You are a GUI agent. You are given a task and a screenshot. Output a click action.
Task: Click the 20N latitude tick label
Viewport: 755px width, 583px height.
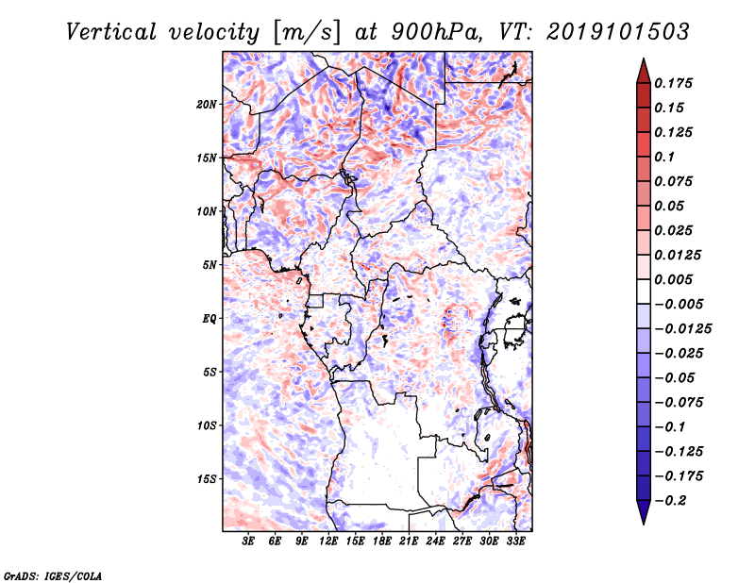click(207, 105)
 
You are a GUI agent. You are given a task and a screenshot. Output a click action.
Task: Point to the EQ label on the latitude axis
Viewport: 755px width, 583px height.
click(210, 319)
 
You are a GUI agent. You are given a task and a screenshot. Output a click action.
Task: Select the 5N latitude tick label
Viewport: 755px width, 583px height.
click(210, 265)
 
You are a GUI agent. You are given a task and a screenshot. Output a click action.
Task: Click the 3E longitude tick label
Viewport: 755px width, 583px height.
click(248, 541)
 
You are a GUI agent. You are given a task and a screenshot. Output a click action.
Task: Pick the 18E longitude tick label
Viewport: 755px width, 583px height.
click(381, 541)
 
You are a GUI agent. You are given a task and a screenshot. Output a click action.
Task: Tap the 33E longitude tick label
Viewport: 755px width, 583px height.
click(515, 541)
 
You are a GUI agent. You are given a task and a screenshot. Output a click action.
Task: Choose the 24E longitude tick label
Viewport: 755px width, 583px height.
click(435, 541)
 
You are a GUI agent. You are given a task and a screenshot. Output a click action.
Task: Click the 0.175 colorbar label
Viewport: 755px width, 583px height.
click(673, 83)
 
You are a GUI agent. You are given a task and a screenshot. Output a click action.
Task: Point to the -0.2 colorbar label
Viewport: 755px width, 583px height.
click(670, 501)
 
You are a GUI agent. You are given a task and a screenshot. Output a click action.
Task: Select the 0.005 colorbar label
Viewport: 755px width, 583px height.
click(673, 279)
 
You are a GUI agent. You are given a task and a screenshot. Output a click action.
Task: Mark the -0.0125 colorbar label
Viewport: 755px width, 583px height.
click(682, 329)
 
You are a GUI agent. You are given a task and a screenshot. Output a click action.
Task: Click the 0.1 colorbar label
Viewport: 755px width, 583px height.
click(664, 157)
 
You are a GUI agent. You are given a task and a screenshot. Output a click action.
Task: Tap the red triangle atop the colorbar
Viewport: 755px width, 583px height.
click(644, 73)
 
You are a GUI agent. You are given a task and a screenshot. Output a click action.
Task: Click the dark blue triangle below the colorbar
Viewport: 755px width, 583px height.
click(644, 511)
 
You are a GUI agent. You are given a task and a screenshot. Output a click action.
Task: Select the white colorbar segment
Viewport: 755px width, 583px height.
click(644, 291)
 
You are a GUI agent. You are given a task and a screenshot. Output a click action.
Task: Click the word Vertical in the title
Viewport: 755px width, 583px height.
click(111, 32)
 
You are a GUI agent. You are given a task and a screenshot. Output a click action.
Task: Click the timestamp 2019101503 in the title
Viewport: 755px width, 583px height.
click(618, 32)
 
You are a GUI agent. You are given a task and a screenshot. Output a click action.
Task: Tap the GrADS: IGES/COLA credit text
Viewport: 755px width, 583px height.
click(53, 575)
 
